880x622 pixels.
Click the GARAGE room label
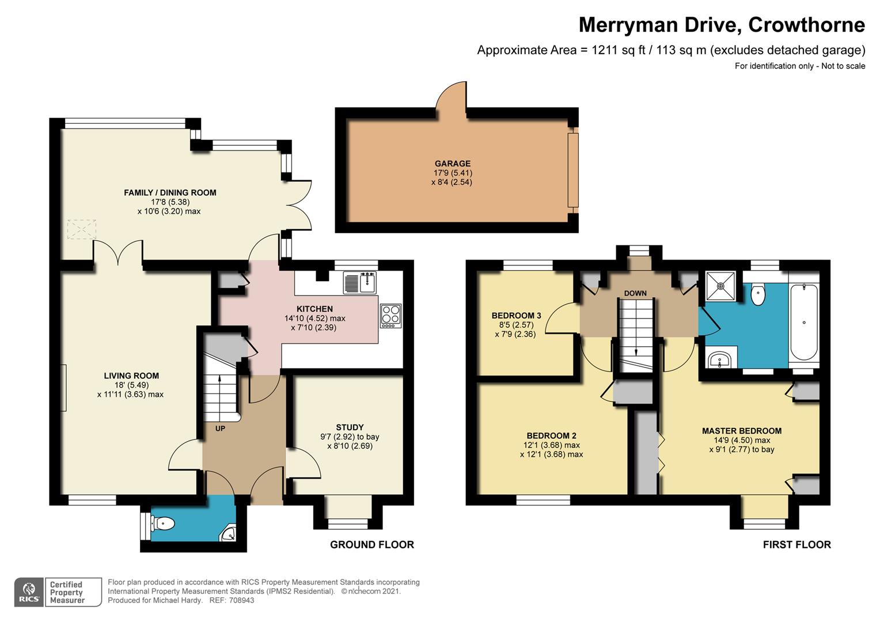[x=452, y=164]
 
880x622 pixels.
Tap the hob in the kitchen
[x=391, y=316]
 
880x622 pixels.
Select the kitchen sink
[x=360, y=283]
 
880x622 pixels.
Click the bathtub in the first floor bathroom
[x=804, y=322]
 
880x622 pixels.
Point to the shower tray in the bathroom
[x=720, y=286]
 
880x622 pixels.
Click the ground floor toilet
[x=163, y=524]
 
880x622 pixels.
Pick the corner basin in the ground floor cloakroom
[x=228, y=533]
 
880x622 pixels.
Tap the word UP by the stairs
[x=220, y=428]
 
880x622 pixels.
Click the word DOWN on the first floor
[x=635, y=293]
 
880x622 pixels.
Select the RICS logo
[x=29, y=592]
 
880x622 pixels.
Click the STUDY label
[x=350, y=427]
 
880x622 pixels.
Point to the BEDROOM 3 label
[x=516, y=316]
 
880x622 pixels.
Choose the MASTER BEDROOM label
[x=742, y=431]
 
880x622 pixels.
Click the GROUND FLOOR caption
[x=372, y=545]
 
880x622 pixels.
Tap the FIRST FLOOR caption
[x=796, y=545]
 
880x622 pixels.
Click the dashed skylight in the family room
[x=82, y=229]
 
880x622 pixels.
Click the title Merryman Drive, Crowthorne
[x=722, y=25]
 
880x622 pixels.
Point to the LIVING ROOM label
[x=131, y=376]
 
